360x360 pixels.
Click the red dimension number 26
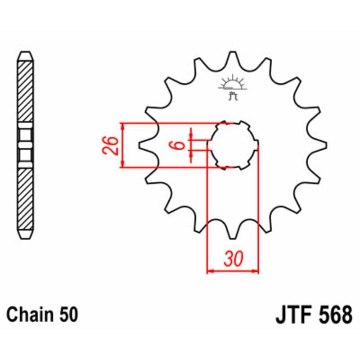tap(112, 145)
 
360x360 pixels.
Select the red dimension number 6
tap(178, 145)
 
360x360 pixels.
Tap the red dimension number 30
tap(233, 260)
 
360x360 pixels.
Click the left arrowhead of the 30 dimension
tap(209, 271)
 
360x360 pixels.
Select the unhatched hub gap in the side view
tap(25, 145)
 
